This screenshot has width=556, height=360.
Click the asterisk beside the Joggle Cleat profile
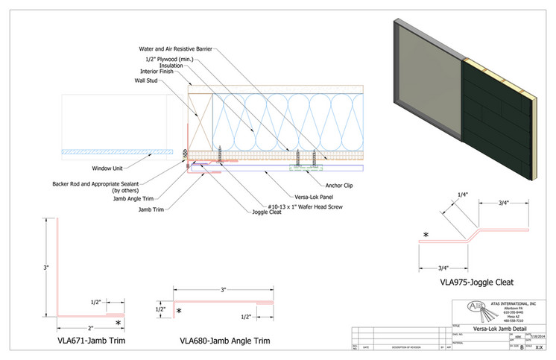[x=426, y=236]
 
